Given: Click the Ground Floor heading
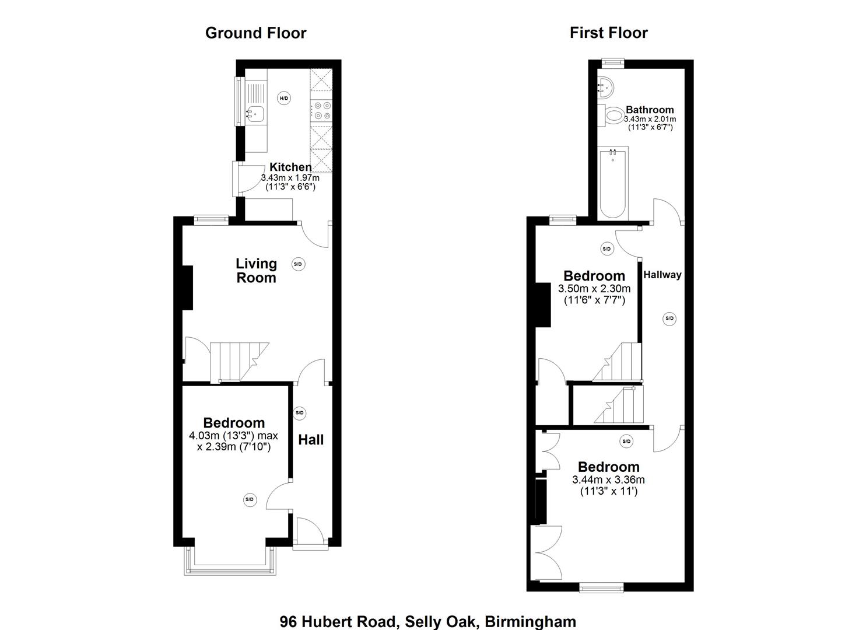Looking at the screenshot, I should [x=255, y=33].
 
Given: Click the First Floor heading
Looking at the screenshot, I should [x=608, y=33].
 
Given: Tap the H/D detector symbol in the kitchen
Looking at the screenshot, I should [x=284, y=98].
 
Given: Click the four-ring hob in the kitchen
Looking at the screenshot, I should [x=321, y=111].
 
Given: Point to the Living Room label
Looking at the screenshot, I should [x=256, y=271].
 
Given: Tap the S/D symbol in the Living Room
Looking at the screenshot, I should [x=298, y=264].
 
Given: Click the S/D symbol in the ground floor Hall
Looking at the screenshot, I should [x=300, y=413].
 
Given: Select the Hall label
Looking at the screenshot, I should [x=311, y=440].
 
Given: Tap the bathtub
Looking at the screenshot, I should [x=612, y=182].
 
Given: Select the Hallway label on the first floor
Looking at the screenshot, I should [x=662, y=275].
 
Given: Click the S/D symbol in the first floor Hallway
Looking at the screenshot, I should [x=669, y=318].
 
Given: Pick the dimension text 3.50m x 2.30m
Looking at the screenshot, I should [x=594, y=289].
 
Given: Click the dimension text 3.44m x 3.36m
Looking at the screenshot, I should [x=608, y=480].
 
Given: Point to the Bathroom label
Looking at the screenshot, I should [x=650, y=110].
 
